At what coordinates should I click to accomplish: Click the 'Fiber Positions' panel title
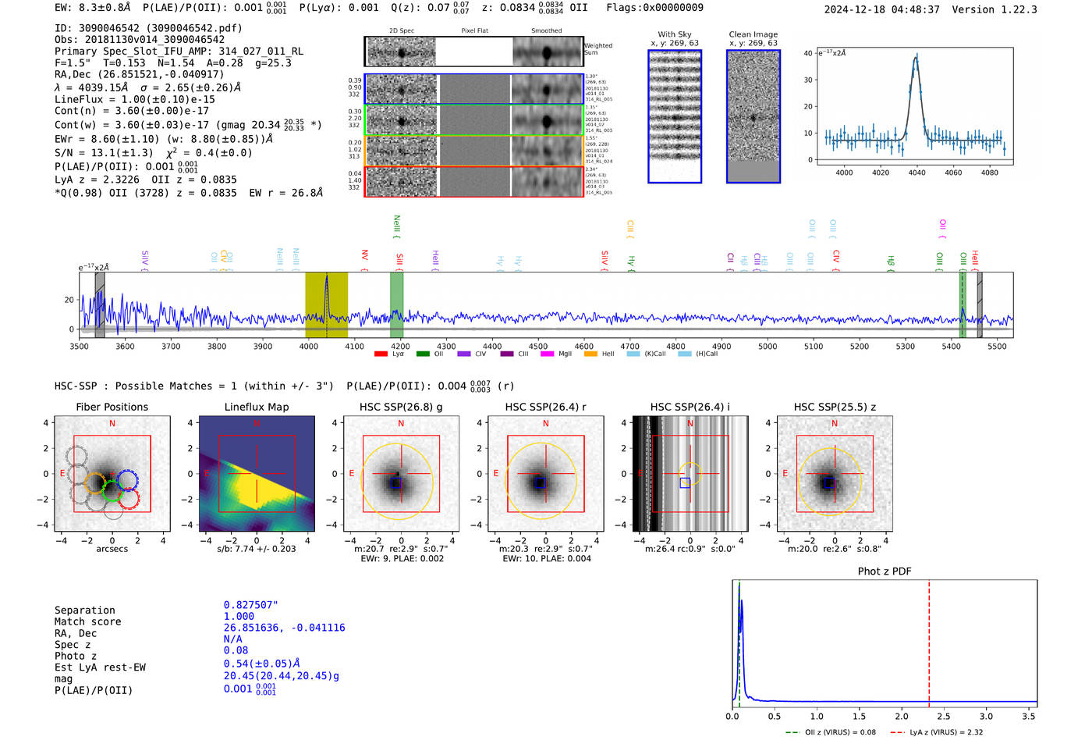click(x=112, y=407)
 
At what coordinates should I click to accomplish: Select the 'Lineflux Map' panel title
click(x=256, y=407)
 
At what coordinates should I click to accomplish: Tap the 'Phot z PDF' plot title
click(x=884, y=571)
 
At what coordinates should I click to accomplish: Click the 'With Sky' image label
click(x=675, y=34)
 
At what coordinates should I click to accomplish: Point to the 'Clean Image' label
click(x=753, y=34)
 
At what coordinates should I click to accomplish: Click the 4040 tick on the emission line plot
click(x=916, y=173)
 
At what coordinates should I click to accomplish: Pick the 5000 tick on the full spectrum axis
click(x=768, y=346)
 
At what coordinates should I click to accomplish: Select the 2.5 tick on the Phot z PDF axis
click(x=944, y=716)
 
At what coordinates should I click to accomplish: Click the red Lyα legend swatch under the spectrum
click(x=381, y=354)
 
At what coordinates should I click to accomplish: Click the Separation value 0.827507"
click(x=250, y=605)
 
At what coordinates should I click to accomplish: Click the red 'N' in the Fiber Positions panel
click(x=112, y=424)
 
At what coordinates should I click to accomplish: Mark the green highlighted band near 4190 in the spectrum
click(x=396, y=304)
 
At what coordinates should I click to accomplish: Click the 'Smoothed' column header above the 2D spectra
click(x=546, y=31)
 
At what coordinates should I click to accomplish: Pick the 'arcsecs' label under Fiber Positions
click(x=112, y=549)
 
